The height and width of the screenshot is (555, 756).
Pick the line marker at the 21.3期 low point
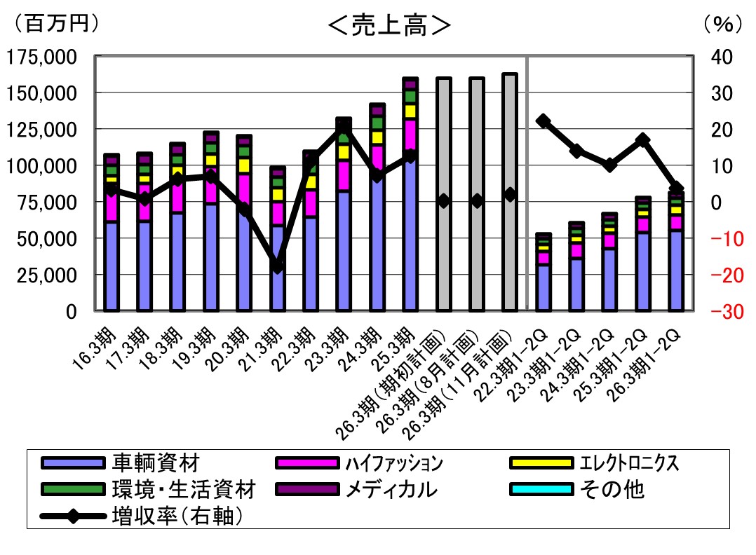[x=278, y=267]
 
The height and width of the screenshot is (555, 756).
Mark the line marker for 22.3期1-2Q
[x=543, y=121]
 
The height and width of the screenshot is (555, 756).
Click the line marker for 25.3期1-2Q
[x=643, y=140]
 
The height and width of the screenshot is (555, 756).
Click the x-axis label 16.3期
[x=95, y=347]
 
